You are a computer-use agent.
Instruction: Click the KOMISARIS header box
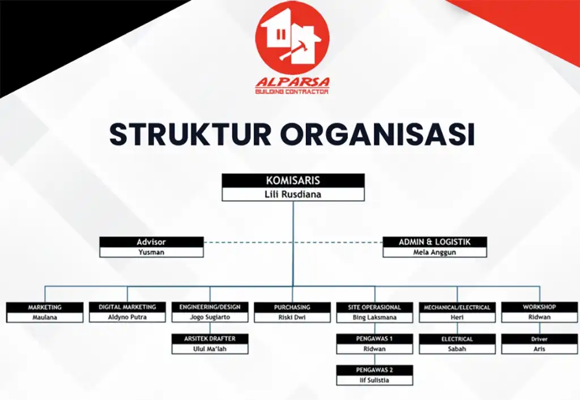coord(293,181)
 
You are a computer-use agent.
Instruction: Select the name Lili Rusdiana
coord(293,194)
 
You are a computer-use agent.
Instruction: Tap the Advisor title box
coord(151,242)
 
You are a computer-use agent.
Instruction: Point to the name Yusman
coord(151,252)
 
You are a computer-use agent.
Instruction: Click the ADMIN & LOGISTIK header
coord(434,242)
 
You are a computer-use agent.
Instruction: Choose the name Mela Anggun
coord(434,252)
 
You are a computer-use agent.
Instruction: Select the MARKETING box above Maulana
coord(45,307)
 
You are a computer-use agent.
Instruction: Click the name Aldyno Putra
coord(127,317)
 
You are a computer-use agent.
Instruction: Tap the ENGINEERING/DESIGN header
coord(210,307)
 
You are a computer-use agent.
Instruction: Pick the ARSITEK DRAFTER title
coord(210,339)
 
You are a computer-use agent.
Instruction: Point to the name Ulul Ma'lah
coord(210,349)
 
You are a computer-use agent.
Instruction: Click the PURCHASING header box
coord(292,307)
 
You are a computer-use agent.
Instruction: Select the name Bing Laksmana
coord(374,317)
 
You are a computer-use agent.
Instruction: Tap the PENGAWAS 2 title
coord(374,370)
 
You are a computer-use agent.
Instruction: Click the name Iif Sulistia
coord(374,380)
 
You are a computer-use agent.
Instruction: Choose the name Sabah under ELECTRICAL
coord(457,349)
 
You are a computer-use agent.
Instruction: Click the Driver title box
coord(539,339)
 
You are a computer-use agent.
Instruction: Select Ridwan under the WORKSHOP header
coord(539,317)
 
